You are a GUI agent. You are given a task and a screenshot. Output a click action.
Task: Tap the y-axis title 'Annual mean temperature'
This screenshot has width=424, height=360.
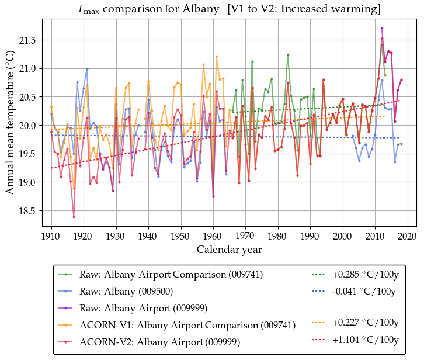10,121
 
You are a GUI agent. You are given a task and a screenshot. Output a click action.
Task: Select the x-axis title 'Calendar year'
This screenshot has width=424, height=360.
229,250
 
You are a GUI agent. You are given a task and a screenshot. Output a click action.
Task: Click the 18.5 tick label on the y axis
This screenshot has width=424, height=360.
28,211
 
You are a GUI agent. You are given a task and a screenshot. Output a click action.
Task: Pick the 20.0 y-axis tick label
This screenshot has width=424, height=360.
28,126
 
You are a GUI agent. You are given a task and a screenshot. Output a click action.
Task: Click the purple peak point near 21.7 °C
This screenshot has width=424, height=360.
382,28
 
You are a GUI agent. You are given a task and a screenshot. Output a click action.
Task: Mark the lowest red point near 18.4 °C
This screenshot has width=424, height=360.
74,217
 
